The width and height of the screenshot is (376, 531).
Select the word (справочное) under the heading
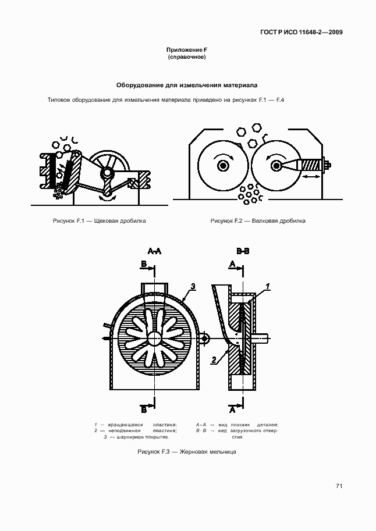(x=187, y=58)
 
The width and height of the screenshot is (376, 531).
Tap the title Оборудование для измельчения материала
(x=187, y=85)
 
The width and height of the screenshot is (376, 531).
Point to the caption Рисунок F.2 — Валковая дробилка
(x=258, y=221)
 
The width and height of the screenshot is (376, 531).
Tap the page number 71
(x=339, y=486)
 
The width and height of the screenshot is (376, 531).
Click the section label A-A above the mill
(x=155, y=251)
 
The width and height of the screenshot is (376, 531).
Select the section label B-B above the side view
(x=243, y=251)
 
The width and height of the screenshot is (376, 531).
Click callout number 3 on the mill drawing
(x=193, y=286)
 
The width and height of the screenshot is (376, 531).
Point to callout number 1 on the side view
(x=267, y=286)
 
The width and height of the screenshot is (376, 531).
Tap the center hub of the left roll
(x=222, y=166)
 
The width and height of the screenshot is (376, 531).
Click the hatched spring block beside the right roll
(x=312, y=165)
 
